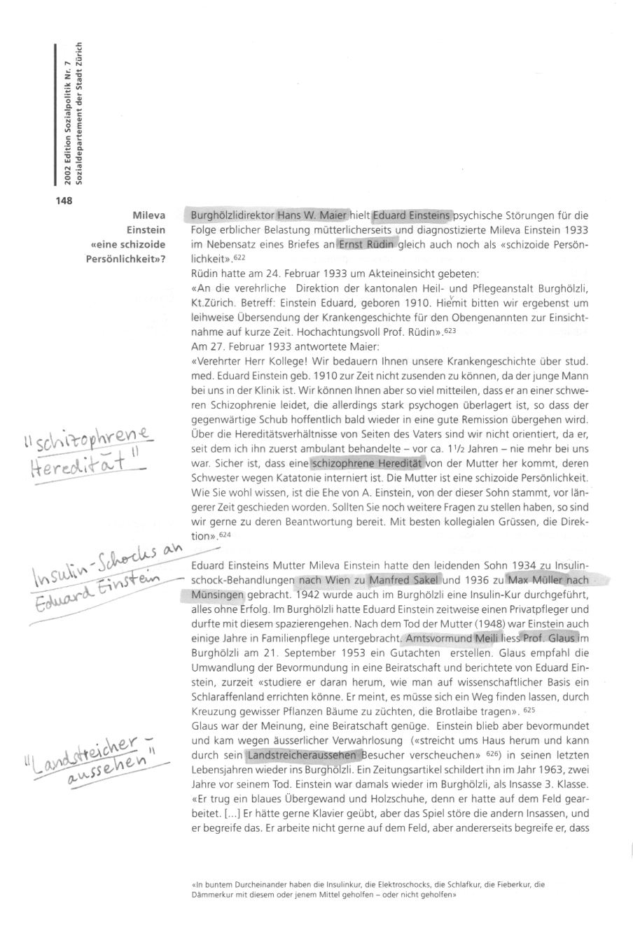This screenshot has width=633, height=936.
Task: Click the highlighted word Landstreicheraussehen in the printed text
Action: pyautogui.click(x=303, y=756)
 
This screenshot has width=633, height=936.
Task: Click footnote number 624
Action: pyautogui.click(x=224, y=536)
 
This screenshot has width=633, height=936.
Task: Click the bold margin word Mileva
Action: pyautogui.click(x=148, y=215)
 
